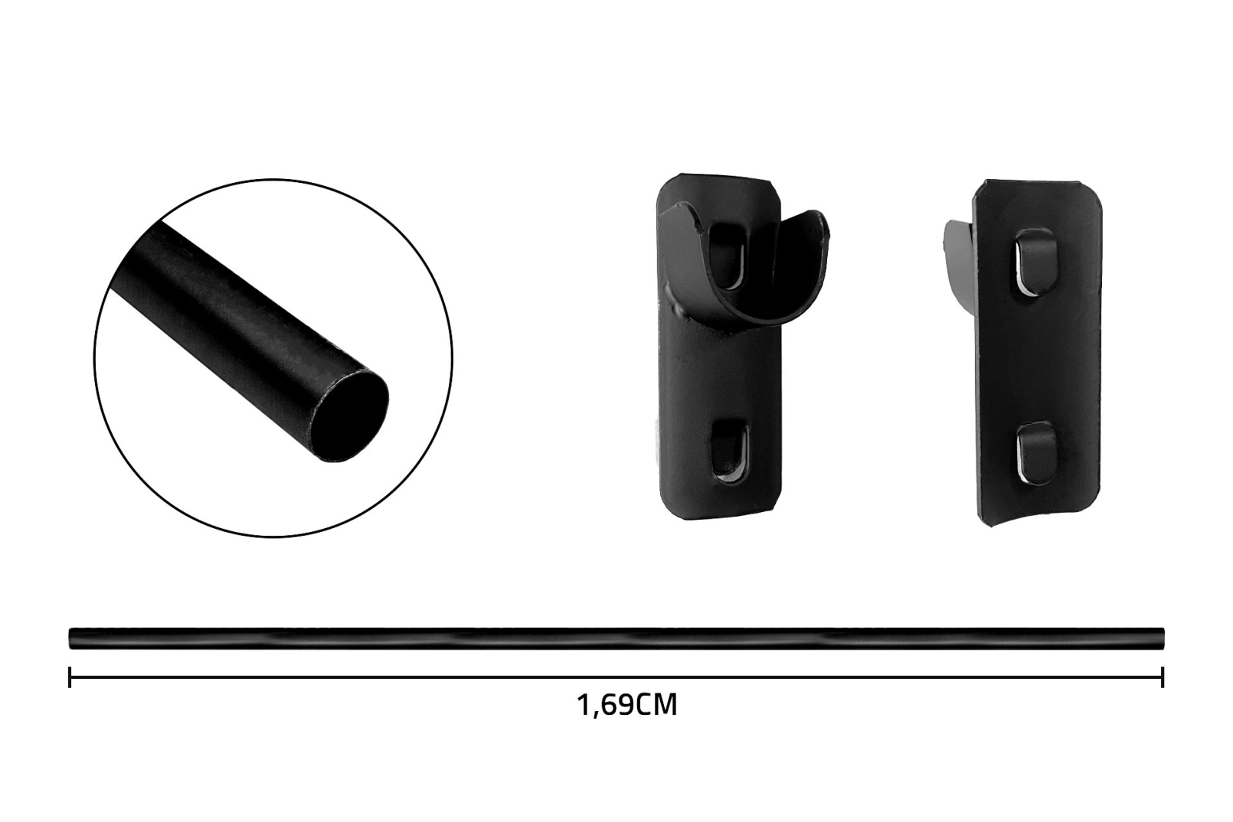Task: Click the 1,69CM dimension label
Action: coord(626,705)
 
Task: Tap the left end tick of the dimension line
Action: coord(70,677)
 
